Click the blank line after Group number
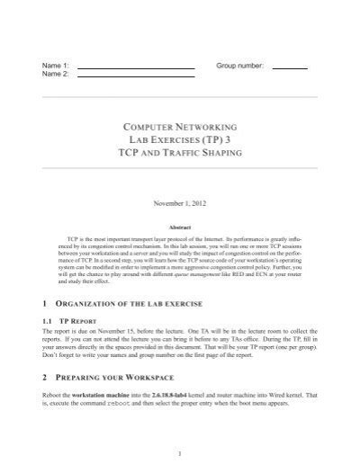[x=289, y=69]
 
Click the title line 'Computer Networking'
[x=180, y=127]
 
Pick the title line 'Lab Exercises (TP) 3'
[x=180, y=141]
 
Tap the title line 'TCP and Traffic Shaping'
[x=180, y=156]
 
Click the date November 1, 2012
[x=180, y=203]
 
